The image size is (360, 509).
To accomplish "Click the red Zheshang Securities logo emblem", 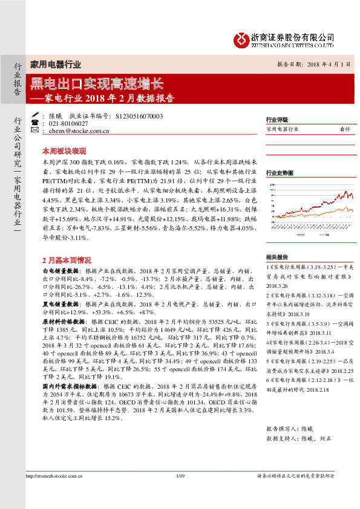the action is pyautogui.click(x=242, y=40).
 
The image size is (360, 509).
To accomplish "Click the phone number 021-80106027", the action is pyautogui.click(x=68, y=123).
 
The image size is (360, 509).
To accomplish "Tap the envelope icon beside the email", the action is pyautogui.click(x=34, y=130).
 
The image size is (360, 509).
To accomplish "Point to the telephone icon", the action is pyautogui.click(x=34, y=123).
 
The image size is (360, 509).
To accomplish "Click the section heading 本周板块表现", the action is pyautogui.click(x=64, y=151).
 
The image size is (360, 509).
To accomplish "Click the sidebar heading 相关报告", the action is pyautogui.click(x=277, y=256).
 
